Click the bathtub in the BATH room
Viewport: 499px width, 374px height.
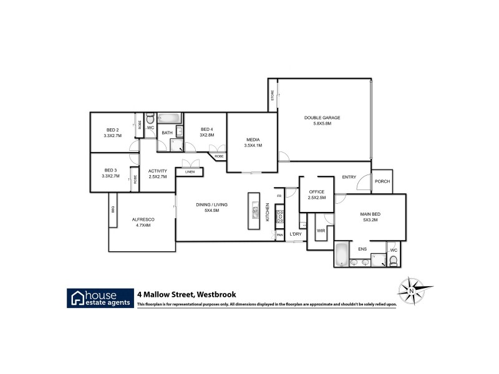(168, 118)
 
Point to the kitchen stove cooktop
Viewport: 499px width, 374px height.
(279, 219)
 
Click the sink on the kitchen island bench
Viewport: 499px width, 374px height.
(255, 211)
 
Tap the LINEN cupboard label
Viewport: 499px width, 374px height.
(190, 171)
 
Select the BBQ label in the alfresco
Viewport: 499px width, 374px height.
(113, 209)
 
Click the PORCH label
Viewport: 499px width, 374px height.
(382, 181)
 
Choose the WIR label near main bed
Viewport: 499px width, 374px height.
(321, 230)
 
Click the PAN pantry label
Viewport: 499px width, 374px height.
(279, 235)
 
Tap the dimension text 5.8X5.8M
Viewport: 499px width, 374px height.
(322, 124)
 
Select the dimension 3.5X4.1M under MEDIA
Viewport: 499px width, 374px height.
(253, 145)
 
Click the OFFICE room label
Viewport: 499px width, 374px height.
(317, 191)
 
